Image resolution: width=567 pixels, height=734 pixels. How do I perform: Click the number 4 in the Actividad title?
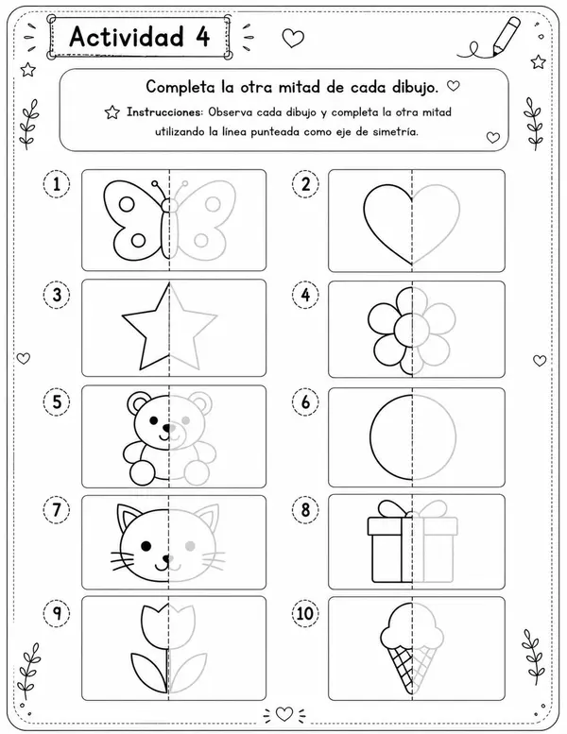[202, 37]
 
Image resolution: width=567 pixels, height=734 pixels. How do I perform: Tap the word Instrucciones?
[163, 112]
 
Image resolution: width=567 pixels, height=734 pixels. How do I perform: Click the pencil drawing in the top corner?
[506, 36]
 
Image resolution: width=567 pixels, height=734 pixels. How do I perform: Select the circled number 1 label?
[57, 184]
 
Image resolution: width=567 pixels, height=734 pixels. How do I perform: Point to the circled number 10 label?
[305, 613]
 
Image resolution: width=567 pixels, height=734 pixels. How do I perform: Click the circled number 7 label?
[57, 509]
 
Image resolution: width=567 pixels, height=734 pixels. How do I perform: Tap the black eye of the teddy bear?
[153, 420]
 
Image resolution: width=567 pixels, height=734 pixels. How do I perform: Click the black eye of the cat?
[146, 546]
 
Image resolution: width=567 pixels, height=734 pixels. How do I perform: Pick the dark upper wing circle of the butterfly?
[127, 204]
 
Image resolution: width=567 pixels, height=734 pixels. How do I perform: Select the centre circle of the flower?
[412, 331]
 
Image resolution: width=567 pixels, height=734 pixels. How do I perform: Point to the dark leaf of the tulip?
[148, 672]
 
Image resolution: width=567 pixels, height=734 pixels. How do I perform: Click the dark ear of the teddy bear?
[137, 401]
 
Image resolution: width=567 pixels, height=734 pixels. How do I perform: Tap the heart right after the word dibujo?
[453, 86]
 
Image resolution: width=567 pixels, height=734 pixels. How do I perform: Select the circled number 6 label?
[305, 401]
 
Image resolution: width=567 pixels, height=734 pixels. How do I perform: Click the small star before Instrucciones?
[112, 112]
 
